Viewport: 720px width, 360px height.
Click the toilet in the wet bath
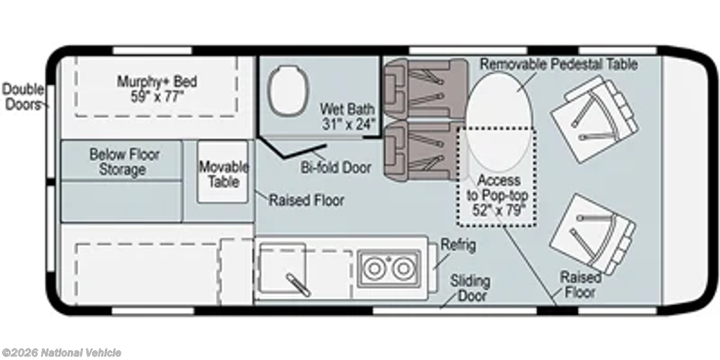(288, 90)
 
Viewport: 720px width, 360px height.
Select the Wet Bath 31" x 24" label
(347, 116)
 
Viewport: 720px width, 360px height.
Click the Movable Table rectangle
(223, 172)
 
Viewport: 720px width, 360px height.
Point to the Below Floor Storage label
(124, 161)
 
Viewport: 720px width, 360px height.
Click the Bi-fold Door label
(335, 167)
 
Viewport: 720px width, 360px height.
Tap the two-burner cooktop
(389, 269)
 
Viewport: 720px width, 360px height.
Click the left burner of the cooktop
(374, 269)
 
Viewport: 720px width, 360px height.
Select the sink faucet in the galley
(298, 284)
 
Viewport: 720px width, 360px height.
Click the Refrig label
(458, 245)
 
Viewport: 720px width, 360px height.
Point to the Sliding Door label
(470, 288)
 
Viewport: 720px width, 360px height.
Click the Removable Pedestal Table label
(559, 64)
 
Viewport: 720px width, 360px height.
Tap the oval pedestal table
(499, 122)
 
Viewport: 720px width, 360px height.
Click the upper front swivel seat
(593, 118)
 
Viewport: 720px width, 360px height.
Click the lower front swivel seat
(593, 233)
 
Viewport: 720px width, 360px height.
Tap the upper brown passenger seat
(425, 88)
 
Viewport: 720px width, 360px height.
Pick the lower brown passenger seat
(423, 150)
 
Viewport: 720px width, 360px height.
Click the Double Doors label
(23, 96)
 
